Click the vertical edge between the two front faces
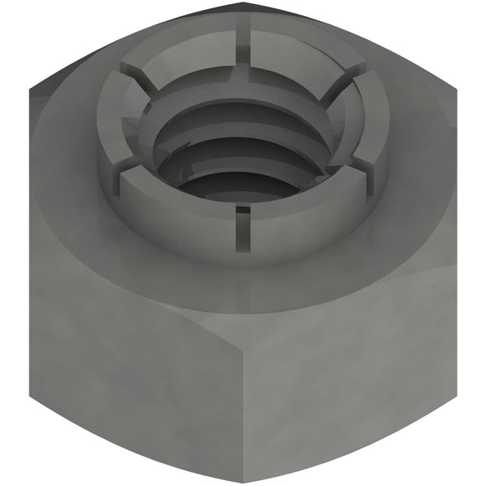pyautogui.click(x=243, y=394)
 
